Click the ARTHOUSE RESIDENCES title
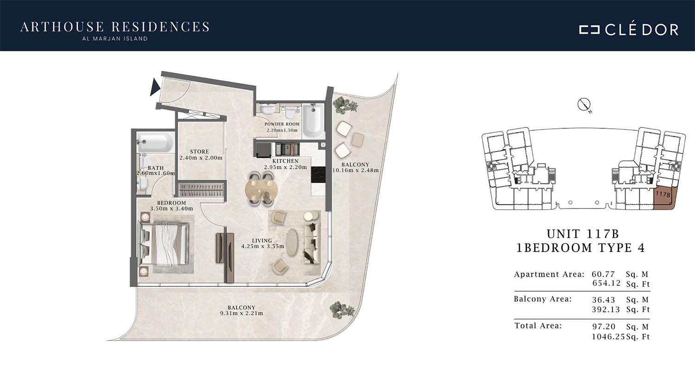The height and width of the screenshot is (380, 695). (x=115, y=27)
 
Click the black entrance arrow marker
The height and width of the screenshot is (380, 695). (x=155, y=87)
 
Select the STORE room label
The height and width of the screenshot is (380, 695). (x=200, y=152)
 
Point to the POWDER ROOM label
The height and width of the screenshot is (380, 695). (x=282, y=124)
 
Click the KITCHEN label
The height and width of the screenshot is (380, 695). (x=285, y=161)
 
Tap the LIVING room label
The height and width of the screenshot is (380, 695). (x=262, y=241)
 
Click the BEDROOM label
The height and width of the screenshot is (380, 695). (x=171, y=203)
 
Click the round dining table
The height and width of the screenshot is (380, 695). (x=262, y=189)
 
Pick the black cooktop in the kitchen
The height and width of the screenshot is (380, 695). (x=318, y=175)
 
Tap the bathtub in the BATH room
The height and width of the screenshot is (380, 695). (x=155, y=142)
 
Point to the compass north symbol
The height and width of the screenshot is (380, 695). (x=584, y=105)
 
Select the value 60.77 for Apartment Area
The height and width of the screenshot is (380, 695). (x=603, y=274)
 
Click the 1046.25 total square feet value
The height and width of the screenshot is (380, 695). (x=608, y=336)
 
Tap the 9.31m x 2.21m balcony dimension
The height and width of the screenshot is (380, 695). (x=241, y=313)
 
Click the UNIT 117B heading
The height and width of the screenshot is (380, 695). (x=583, y=234)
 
